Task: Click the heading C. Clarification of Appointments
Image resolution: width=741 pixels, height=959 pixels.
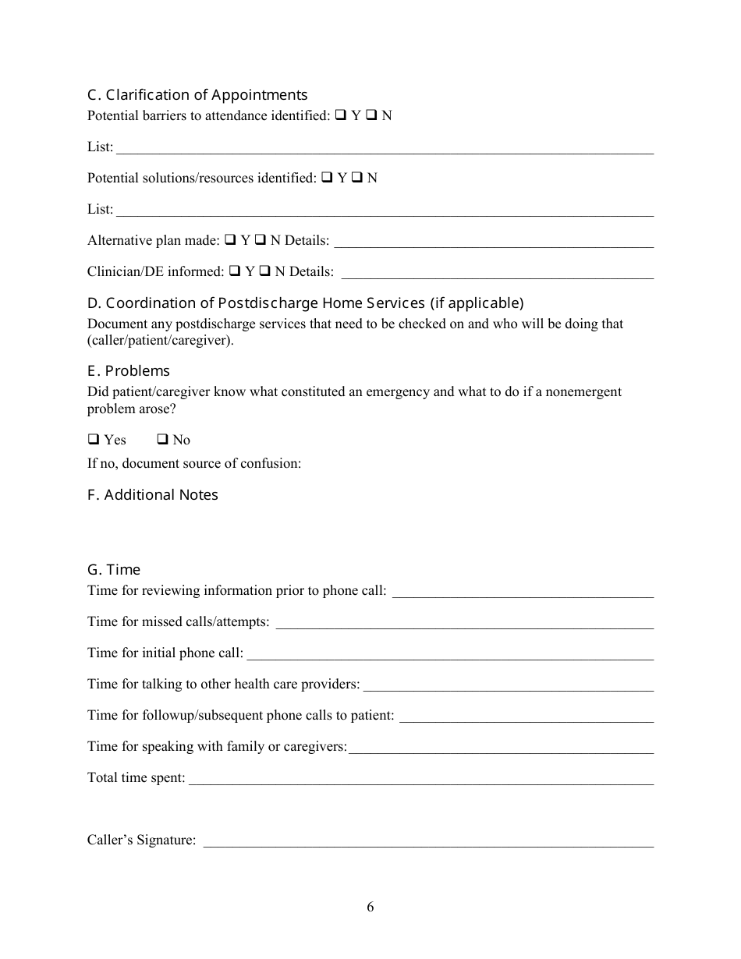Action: (x=197, y=95)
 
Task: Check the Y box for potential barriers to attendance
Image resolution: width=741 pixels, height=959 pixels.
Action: (x=341, y=115)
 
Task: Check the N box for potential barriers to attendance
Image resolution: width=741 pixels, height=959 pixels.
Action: (x=372, y=115)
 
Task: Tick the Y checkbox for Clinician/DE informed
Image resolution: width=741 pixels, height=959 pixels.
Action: (x=235, y=271)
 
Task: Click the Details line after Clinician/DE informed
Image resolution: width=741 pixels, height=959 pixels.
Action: (x=498, y=274)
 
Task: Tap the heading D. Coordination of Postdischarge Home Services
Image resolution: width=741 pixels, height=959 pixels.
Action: (x=305, y=303)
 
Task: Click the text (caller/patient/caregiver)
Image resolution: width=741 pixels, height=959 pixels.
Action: (x=160, y=341)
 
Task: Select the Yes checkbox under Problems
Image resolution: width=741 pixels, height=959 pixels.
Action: (x=94, y=440)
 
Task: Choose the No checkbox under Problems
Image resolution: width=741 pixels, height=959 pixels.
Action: (x=163, y=440)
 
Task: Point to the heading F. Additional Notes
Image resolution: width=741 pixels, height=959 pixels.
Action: (x=153, y=495)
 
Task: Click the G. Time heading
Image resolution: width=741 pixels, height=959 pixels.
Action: (x=114, y=570)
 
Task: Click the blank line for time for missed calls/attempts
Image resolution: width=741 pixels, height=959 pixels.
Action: (x=464, y=625)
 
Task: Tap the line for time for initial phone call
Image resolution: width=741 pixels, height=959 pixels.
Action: (x=450, y=656)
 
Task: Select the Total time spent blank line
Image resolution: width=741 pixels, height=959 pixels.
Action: (x=421, y=780)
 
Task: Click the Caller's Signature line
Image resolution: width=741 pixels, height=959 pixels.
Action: (x=428, y=843)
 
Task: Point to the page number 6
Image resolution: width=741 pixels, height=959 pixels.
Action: (x=370, y=907)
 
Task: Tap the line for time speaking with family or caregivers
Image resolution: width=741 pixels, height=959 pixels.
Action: (x=501, y=749)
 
